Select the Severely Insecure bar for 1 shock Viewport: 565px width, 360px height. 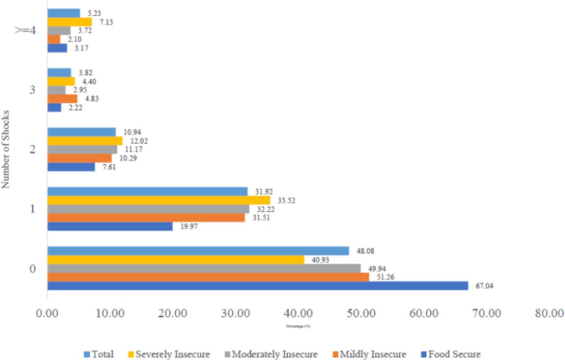[158, 200]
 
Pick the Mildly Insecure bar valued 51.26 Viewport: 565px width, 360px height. [208, 277]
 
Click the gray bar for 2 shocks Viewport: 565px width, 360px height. [82, 150]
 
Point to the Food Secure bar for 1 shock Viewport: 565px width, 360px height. [110, 226]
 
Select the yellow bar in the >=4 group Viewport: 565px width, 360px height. [69, 22]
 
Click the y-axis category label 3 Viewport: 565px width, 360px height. [32, 90]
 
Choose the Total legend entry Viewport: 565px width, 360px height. [99, 354]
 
